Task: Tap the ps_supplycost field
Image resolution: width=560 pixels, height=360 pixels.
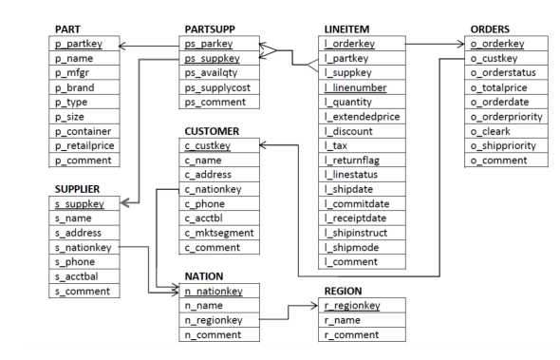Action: [216, 87]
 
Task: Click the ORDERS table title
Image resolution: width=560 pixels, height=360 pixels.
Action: [490, 29]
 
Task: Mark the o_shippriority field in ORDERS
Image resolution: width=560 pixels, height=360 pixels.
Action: [503, 145]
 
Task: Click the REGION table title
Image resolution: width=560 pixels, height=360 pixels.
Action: [343, 291]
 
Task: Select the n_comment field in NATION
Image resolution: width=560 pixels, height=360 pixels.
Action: [216, 334]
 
